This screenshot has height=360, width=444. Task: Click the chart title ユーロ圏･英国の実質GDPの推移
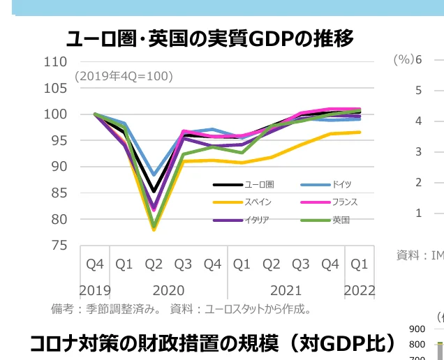pyautogui.click(x=209, y=38)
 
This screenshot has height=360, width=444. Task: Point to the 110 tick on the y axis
pyautogui.click(x=55, y=61)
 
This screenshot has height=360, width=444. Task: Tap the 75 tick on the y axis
pyautogui.click(x=59, y=246)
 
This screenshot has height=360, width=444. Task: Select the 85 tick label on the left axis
pyautogui.click(x=59, y=193)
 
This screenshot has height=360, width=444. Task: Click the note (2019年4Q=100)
pyautogui.click(x=124, y=76)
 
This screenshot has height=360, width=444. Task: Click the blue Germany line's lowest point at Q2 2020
pyautogui.click(x=154, y=174)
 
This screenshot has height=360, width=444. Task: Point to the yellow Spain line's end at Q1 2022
pyautogui.click(x=360, y=132)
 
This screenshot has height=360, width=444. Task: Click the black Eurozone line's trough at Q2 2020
pyautogui.click(x=154, y=192)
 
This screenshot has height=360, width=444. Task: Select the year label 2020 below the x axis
pyautogui.click(x=168, y=290)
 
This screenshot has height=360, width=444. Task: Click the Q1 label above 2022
pyautogui.click(x=360, y=264)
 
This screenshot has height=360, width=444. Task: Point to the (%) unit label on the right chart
pyautogui.click(x=403, y=60)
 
